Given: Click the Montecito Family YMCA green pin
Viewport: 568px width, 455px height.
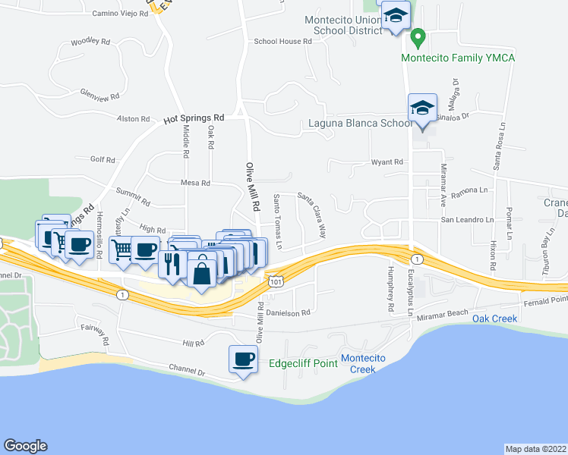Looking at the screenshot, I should coord(417,36).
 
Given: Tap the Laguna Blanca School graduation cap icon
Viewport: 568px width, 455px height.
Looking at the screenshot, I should coord(422,108).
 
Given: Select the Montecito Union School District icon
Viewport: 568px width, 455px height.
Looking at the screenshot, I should coord(395,16).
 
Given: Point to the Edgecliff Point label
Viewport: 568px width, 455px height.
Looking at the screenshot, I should coord(303,363).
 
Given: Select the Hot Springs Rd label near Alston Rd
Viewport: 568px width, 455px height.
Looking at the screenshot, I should coord(194,119).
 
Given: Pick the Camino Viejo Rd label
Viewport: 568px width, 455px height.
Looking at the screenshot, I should coord(120,14).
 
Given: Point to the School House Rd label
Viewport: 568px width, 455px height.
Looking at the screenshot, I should coord(283,42).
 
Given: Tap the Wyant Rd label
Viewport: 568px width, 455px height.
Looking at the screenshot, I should coord(387,162).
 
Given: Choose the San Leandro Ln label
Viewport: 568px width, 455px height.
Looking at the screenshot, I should coord(468,220).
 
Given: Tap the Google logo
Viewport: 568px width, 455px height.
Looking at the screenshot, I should coord(25,446).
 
